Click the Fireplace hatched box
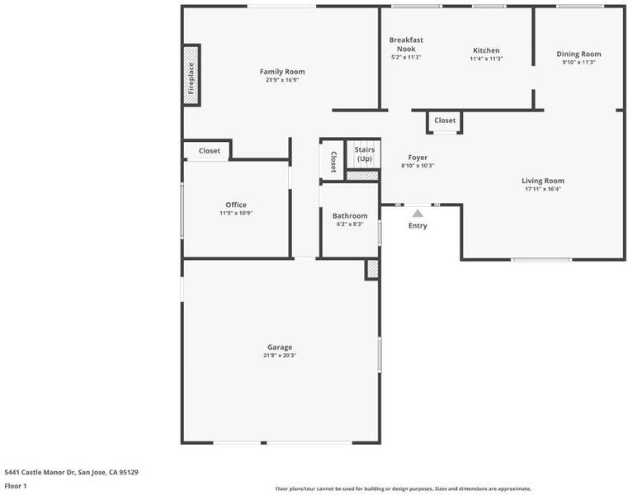click(191, 75)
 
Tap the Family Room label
click(282, 72)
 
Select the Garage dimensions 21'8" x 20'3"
click(280, 356)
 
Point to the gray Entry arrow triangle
click(418, 213)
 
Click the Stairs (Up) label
click(365, 154)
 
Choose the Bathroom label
click(350, 216)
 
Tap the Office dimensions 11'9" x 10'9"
click(236, 213)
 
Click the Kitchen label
click(486, 50)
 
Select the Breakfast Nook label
click(406, 45)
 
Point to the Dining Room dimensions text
click(578, 62)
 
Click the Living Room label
click(543, 181)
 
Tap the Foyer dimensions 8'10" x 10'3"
click(418, 165)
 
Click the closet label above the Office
click(210, 151)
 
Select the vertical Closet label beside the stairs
click(333, 162)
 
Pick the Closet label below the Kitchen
click(445, 120)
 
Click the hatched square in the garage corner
click(372, 269)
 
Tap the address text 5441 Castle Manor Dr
click(40, 472)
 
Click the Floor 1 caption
click(16, 486)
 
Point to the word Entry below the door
click(418, 225)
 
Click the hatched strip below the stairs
click(362, 176)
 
